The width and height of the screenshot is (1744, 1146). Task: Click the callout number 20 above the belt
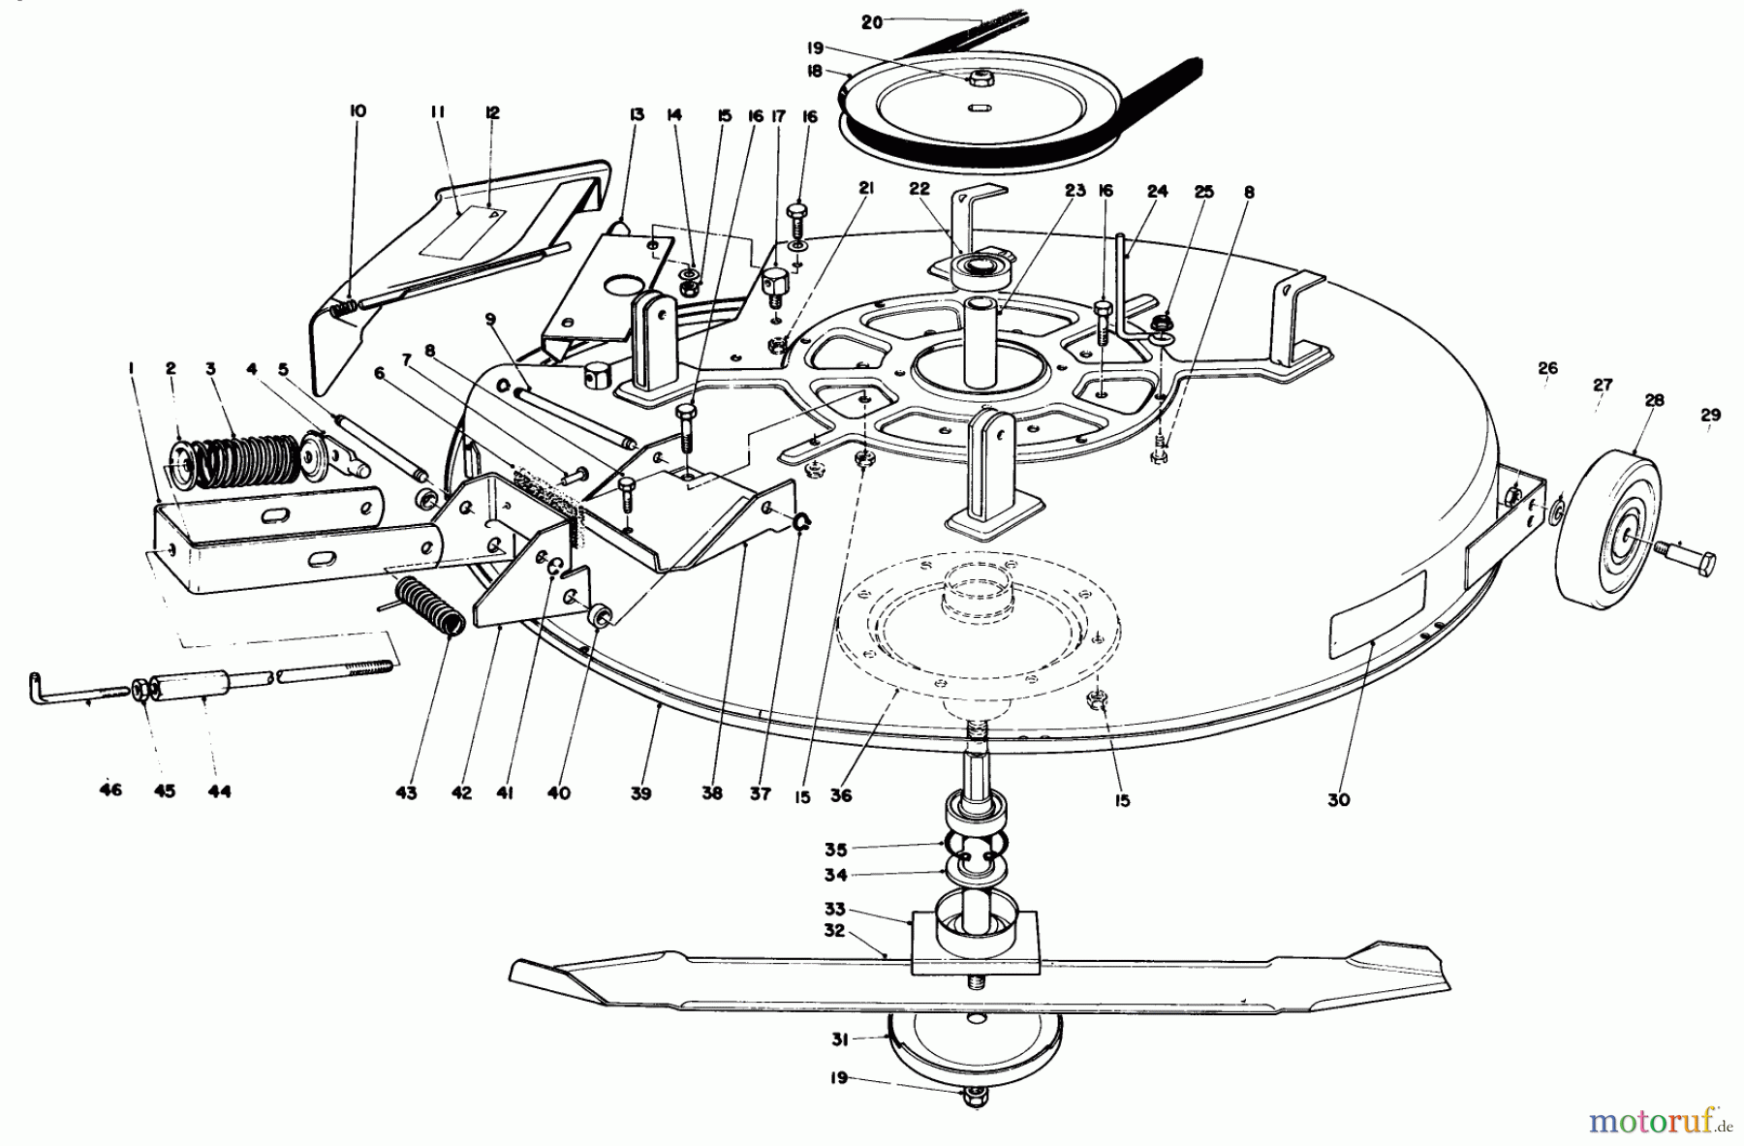872,21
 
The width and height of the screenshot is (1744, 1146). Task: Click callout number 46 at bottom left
110,790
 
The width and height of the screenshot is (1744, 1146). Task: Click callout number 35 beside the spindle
835,850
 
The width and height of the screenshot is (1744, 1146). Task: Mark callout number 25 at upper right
1203,193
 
